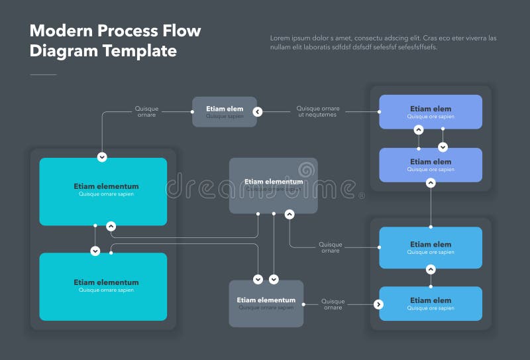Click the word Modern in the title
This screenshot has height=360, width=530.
pyautogui.click(x=62, y=30)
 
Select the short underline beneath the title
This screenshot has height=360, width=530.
pyautogui.click(x=43, y=74)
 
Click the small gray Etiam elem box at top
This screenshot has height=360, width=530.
pyautogui.click(x=225, y=111)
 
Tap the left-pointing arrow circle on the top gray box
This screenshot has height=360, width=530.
pyautogui.click(x=258, y=112)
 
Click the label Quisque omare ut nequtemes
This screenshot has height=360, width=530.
pyautogui.click(x=317, y=111)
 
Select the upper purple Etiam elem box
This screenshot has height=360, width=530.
pyautogui.click(x=430, y=111)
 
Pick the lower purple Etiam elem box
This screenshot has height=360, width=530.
pyautogui.click(x=430, y=164)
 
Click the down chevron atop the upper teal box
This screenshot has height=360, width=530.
pyautogui.click(x=102, y=157)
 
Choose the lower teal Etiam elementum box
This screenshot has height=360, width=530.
pyautogui.click(x=103, y=286)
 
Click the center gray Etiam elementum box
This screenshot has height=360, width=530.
pyautogui.click(x=273, y=185)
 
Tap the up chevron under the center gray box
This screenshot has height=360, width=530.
pyautogui.click(x=290, y=214)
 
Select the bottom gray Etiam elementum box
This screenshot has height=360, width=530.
pyautogui.click(x=266, y=303)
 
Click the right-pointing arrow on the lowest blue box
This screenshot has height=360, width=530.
pyautogui.click(x=378, y=304)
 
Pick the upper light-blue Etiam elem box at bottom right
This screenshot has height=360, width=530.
pyautogui.click(x=430, y=247)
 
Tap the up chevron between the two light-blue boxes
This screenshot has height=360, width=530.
pyautogui.click(x=431, y=270)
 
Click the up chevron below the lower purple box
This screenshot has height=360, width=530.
pyautogui.click(x=431, y=182)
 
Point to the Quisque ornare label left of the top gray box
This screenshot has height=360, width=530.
pyautogui.click(x=146, y=111)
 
